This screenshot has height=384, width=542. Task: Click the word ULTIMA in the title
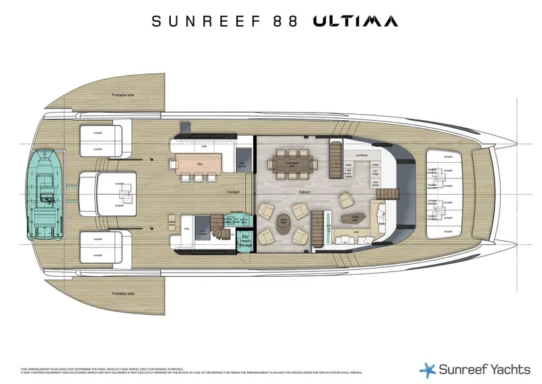click(x=355, y=22)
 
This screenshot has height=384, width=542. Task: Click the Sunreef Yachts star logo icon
click(x=426, y=369)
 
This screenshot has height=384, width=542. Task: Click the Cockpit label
click(x=234, y=192)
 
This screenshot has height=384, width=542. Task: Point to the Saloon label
click(x=304, y=192)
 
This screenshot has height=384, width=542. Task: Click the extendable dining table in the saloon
click(x=292, y=164)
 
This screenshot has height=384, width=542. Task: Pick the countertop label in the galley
click(x=361, y=155)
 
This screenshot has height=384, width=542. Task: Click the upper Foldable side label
click(x=123, y=95)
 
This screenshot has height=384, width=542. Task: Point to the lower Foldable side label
click(x=123, y=293)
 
